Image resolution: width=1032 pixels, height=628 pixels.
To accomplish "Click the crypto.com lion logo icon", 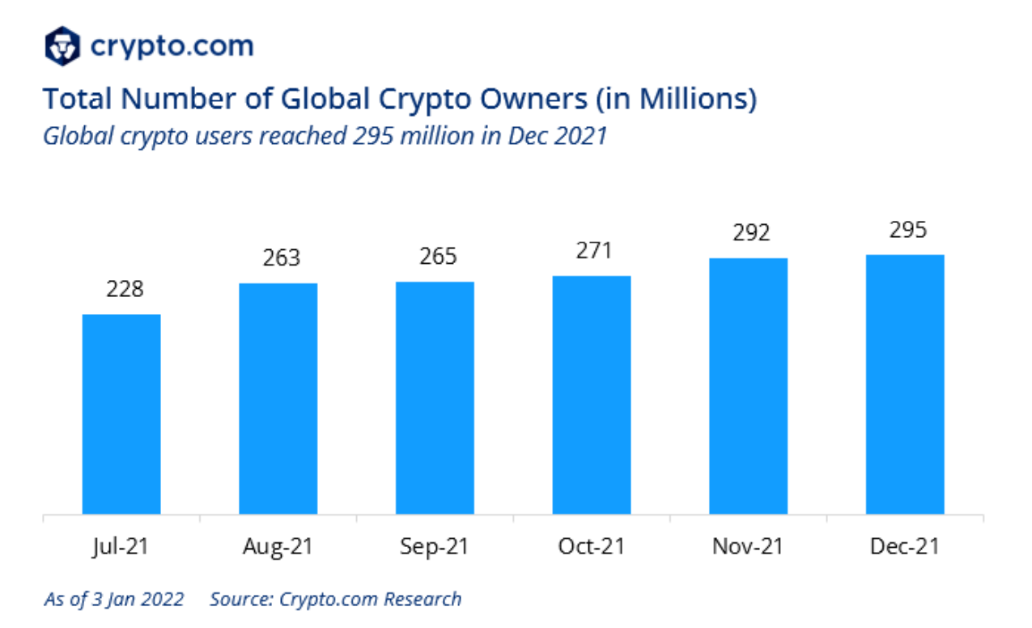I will tap(62, 45).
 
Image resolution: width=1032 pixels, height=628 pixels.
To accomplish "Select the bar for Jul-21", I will tap(121, 414).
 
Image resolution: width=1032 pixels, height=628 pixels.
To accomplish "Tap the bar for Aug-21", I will tap(278, 398).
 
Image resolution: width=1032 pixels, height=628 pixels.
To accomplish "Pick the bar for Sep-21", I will tap(435, 397).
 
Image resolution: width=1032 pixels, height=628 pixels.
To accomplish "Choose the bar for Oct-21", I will tap(592, 395).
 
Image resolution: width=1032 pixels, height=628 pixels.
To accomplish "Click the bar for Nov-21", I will tap(748, 386).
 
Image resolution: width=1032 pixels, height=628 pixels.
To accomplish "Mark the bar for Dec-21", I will tap(905, 384).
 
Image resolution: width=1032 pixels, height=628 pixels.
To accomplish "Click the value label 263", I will tap(281, 258).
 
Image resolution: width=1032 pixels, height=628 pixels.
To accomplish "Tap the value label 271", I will tap(593, 251).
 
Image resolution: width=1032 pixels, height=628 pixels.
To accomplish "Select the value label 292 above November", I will tap(750, 233).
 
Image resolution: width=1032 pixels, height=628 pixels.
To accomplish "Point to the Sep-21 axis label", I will tap(435, 546).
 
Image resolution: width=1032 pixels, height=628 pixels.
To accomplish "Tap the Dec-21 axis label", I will tap(905, 546).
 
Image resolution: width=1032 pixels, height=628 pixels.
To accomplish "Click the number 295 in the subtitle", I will tap(371, 135).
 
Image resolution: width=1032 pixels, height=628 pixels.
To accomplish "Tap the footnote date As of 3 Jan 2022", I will tap(114, 600).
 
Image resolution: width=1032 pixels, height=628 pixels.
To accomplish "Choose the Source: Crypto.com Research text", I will tap(335, 600).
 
